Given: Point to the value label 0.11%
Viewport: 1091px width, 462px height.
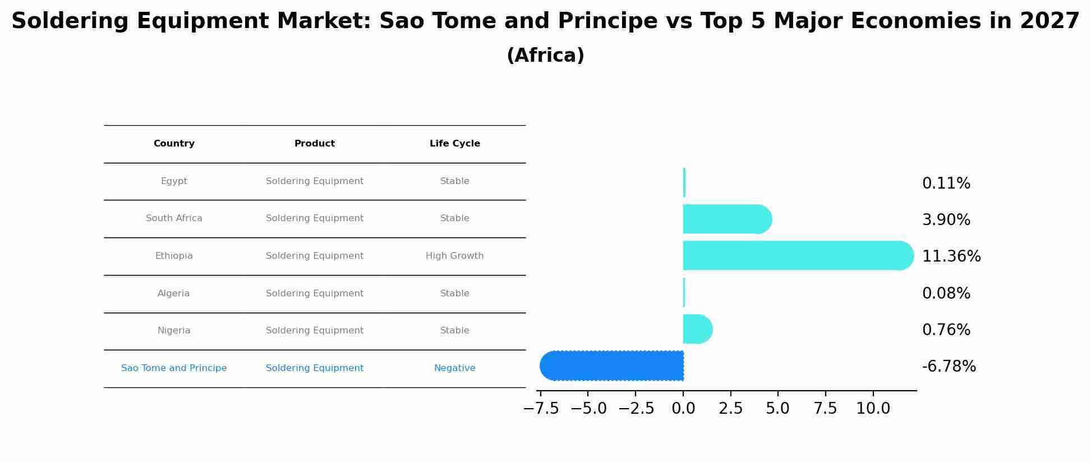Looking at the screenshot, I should tap(946, 184).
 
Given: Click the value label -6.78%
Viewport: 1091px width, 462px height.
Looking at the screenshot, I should tap(949, 367).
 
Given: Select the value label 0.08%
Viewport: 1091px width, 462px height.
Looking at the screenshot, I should tap(946, 294).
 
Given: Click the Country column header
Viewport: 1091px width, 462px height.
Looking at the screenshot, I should tap(174, 144).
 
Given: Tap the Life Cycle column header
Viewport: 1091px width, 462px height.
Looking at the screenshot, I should tap(454, 144).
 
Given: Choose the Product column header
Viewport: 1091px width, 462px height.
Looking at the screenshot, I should tap(314, 144).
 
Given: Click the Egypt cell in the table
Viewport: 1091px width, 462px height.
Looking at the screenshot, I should tap(174, 181).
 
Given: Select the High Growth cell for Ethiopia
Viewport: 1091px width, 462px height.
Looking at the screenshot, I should tap(454, 256).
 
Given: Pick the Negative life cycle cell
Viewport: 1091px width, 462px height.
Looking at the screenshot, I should tap(454, 368).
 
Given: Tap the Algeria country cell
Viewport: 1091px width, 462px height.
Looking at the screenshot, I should tap(174, 294).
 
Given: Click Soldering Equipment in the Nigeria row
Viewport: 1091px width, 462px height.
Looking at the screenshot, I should tap(314, 331).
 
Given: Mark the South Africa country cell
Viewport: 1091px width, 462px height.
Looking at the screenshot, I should tap(174, 218).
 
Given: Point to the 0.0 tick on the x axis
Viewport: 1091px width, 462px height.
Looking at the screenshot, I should tap(683, 409).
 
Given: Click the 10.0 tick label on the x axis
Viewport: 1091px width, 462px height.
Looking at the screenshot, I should tap(873, 409).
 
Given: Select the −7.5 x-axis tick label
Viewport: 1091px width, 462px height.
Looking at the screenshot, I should tap(541, 409).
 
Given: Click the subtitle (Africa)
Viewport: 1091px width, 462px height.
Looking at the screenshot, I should tap(545, 56).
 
